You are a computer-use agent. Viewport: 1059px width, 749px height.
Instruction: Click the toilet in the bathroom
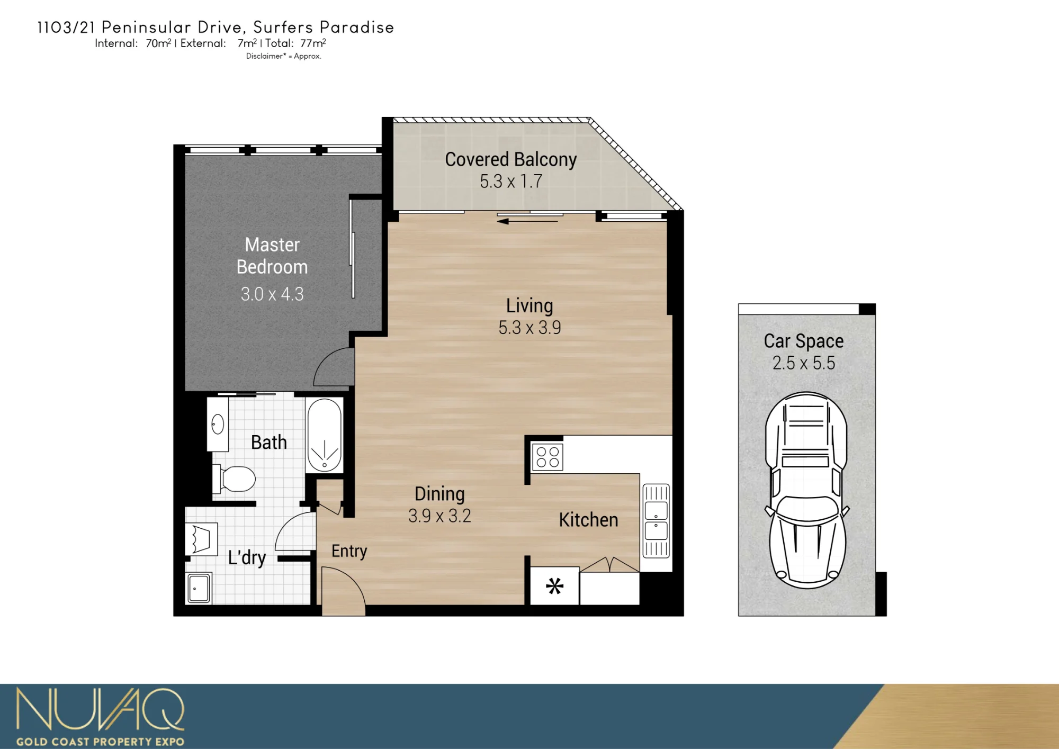coord(234,479)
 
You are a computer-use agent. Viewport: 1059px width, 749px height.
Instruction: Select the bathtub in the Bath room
coord(325,435)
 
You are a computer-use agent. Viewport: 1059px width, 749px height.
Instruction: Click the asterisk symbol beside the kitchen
coord(554,586)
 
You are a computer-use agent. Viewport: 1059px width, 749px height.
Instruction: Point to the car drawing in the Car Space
coord(806,490)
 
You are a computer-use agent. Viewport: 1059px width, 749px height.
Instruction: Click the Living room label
coord(529,305)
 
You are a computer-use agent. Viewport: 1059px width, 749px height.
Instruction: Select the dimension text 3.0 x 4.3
coord(272,294)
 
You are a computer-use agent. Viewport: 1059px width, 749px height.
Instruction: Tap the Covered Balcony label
coord(511,159)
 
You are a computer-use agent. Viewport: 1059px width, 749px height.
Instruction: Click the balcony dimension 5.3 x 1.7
coord(511,181)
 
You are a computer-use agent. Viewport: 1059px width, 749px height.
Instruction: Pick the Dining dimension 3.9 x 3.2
coord(439,516)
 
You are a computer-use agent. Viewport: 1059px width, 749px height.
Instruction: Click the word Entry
coord(349,551)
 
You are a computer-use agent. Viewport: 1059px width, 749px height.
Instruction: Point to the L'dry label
coord(247,557)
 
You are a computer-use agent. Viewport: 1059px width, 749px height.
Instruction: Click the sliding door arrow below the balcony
coord(527,221)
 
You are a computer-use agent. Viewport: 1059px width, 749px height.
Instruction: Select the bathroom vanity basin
coord(218,424)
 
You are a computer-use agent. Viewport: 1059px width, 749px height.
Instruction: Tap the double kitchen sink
coord(656,521)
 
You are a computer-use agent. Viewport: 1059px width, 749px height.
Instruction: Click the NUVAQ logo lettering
coord(101,709)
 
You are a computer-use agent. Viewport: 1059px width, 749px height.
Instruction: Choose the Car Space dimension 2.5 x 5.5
coord(804,363)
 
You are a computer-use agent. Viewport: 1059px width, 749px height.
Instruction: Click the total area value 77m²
coord(313,43)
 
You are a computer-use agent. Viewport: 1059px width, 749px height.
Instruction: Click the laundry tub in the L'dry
coord(199,588)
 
